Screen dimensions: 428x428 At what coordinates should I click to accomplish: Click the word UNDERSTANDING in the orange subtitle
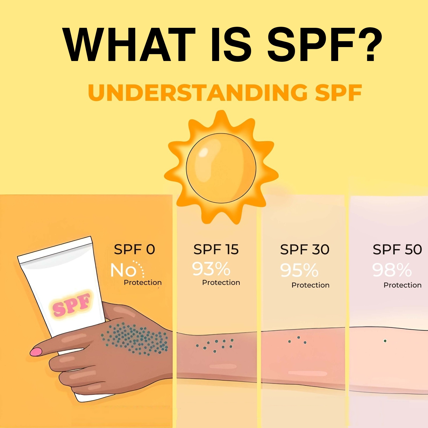point(198,93)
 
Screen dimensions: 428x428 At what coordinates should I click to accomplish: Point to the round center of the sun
point(221,168)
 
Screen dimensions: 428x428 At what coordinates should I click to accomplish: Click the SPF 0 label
point(134,249)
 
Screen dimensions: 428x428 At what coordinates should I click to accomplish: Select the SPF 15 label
point(216,249)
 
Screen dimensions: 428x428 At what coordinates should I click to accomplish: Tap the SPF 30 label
point(305,250)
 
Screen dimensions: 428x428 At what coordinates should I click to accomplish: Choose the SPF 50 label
point(397,250)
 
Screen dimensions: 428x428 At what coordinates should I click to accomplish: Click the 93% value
point(211,269)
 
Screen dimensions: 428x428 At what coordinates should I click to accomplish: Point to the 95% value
point(299,270)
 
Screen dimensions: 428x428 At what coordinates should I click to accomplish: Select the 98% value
point(392,270)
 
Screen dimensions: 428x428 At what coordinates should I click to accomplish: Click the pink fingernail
point(36,351)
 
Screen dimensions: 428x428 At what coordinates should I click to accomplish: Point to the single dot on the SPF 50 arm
point(385,341)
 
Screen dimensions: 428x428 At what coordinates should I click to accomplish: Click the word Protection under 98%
point(402,285)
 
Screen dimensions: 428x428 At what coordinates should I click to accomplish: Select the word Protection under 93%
point(221,282)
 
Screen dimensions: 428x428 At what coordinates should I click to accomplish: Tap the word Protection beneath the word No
point(143,282)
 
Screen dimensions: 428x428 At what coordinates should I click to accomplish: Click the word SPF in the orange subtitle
point(338,93)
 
